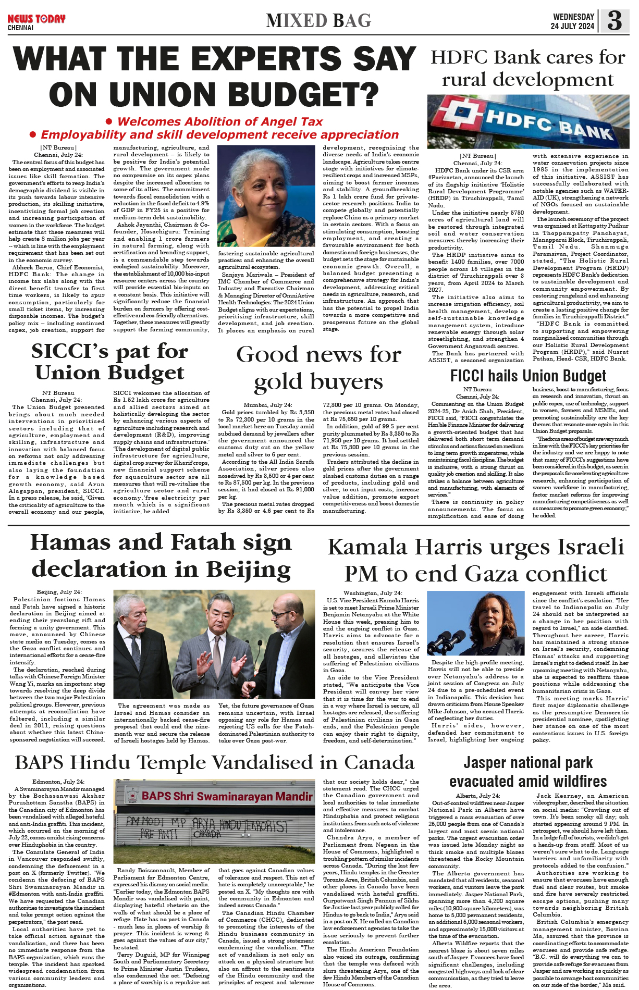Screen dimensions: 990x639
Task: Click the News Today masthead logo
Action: tap(36, 19)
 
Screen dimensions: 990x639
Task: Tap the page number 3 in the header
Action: tap(615, 21)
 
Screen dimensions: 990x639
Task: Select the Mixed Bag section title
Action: tap(318, 21)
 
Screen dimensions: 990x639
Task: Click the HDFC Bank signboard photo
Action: tap(528, 121)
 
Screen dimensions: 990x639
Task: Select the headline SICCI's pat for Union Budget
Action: tap(109, 362)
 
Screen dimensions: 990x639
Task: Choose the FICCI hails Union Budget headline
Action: tap(528, 376)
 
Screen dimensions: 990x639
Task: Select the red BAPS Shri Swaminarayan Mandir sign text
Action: tap(227, 796)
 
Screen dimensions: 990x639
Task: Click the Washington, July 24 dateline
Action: tap(372, 593)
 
